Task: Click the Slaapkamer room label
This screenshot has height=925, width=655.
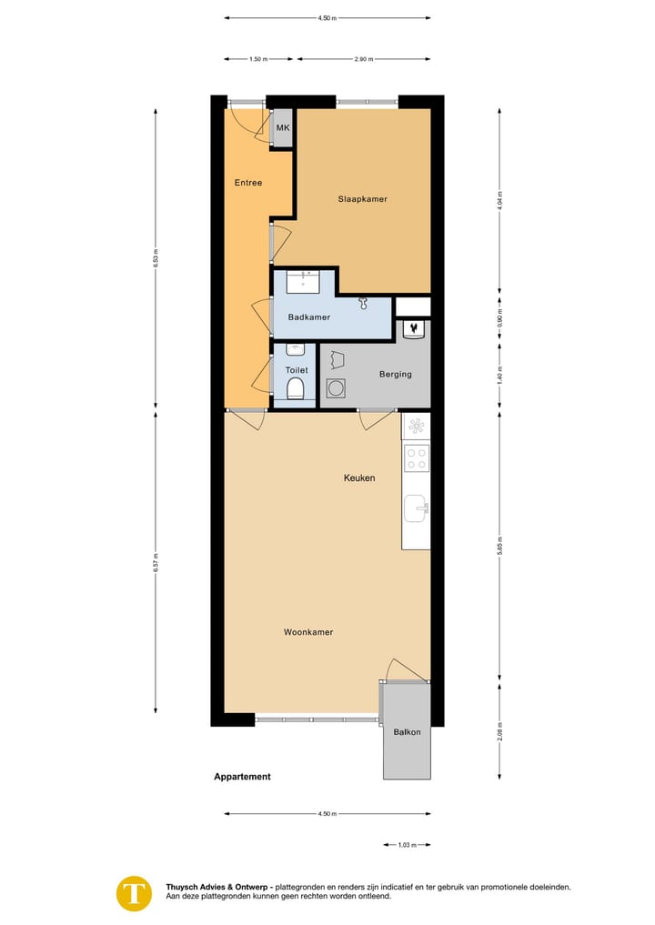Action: pyautogui.click(x=363, y=199)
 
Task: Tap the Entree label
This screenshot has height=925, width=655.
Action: pyautogui.click(x=248, y=183)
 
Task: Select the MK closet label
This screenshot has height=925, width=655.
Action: pyautogui.click(x=283, y=128)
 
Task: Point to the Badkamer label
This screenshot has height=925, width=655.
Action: pyautogui.click(x=309, y=317)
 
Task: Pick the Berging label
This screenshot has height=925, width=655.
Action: pyautogui.click(x=395, y=374)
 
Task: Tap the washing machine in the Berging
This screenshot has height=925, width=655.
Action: pyautogui.click(x=336, y=388)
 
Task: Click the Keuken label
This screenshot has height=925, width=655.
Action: pyautogui.click(x=359, y=478)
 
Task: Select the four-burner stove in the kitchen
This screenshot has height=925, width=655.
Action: pyautogui.click(x=417, y=458)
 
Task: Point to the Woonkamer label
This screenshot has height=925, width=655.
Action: pyautogui.click(x=308, y=632)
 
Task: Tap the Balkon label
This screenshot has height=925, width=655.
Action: pyautogui.click(x=407, y=732)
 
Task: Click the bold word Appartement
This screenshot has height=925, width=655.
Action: pyautogui.click(x=243, y=777)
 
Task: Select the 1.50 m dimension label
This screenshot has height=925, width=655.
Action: pyautogui.click(x=258, y=59)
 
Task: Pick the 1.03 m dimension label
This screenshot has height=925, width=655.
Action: pyautogui.click(x=406, y=845)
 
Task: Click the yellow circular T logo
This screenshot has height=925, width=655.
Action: pyautogui.click(x=135, y=892)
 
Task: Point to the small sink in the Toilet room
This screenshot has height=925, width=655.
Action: pyautogui.click(x=294, y=349)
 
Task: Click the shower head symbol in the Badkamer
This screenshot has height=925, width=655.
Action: pyautogui.click(x=364, y=302)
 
